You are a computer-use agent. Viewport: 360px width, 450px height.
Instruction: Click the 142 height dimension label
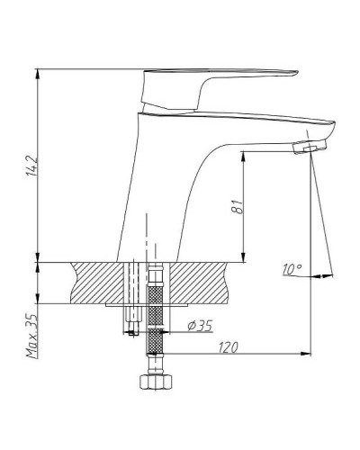click(x=32, y=166)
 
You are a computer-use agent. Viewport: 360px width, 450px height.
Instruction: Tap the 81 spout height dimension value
click(x=238, y=206)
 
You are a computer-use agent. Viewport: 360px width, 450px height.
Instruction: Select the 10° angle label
click(x=292, y=269)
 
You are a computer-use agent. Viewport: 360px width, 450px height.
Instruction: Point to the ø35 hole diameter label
click(x=200, y=326)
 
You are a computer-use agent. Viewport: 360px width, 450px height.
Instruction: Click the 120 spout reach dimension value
click(x=228, y=347)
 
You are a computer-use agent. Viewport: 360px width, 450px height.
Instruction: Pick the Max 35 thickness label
click(x=32, y=336)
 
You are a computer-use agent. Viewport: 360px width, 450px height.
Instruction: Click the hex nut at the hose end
click(x=156, y=382)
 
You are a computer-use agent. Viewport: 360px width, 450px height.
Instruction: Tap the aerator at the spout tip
click(x=310, y=147)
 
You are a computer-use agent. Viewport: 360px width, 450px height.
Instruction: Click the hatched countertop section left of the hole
click(x=97, y=283)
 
